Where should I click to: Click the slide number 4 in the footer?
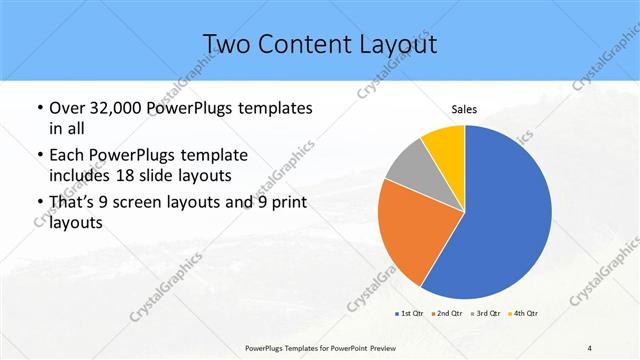coord(590,347)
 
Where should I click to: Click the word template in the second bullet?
coord(211,156)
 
